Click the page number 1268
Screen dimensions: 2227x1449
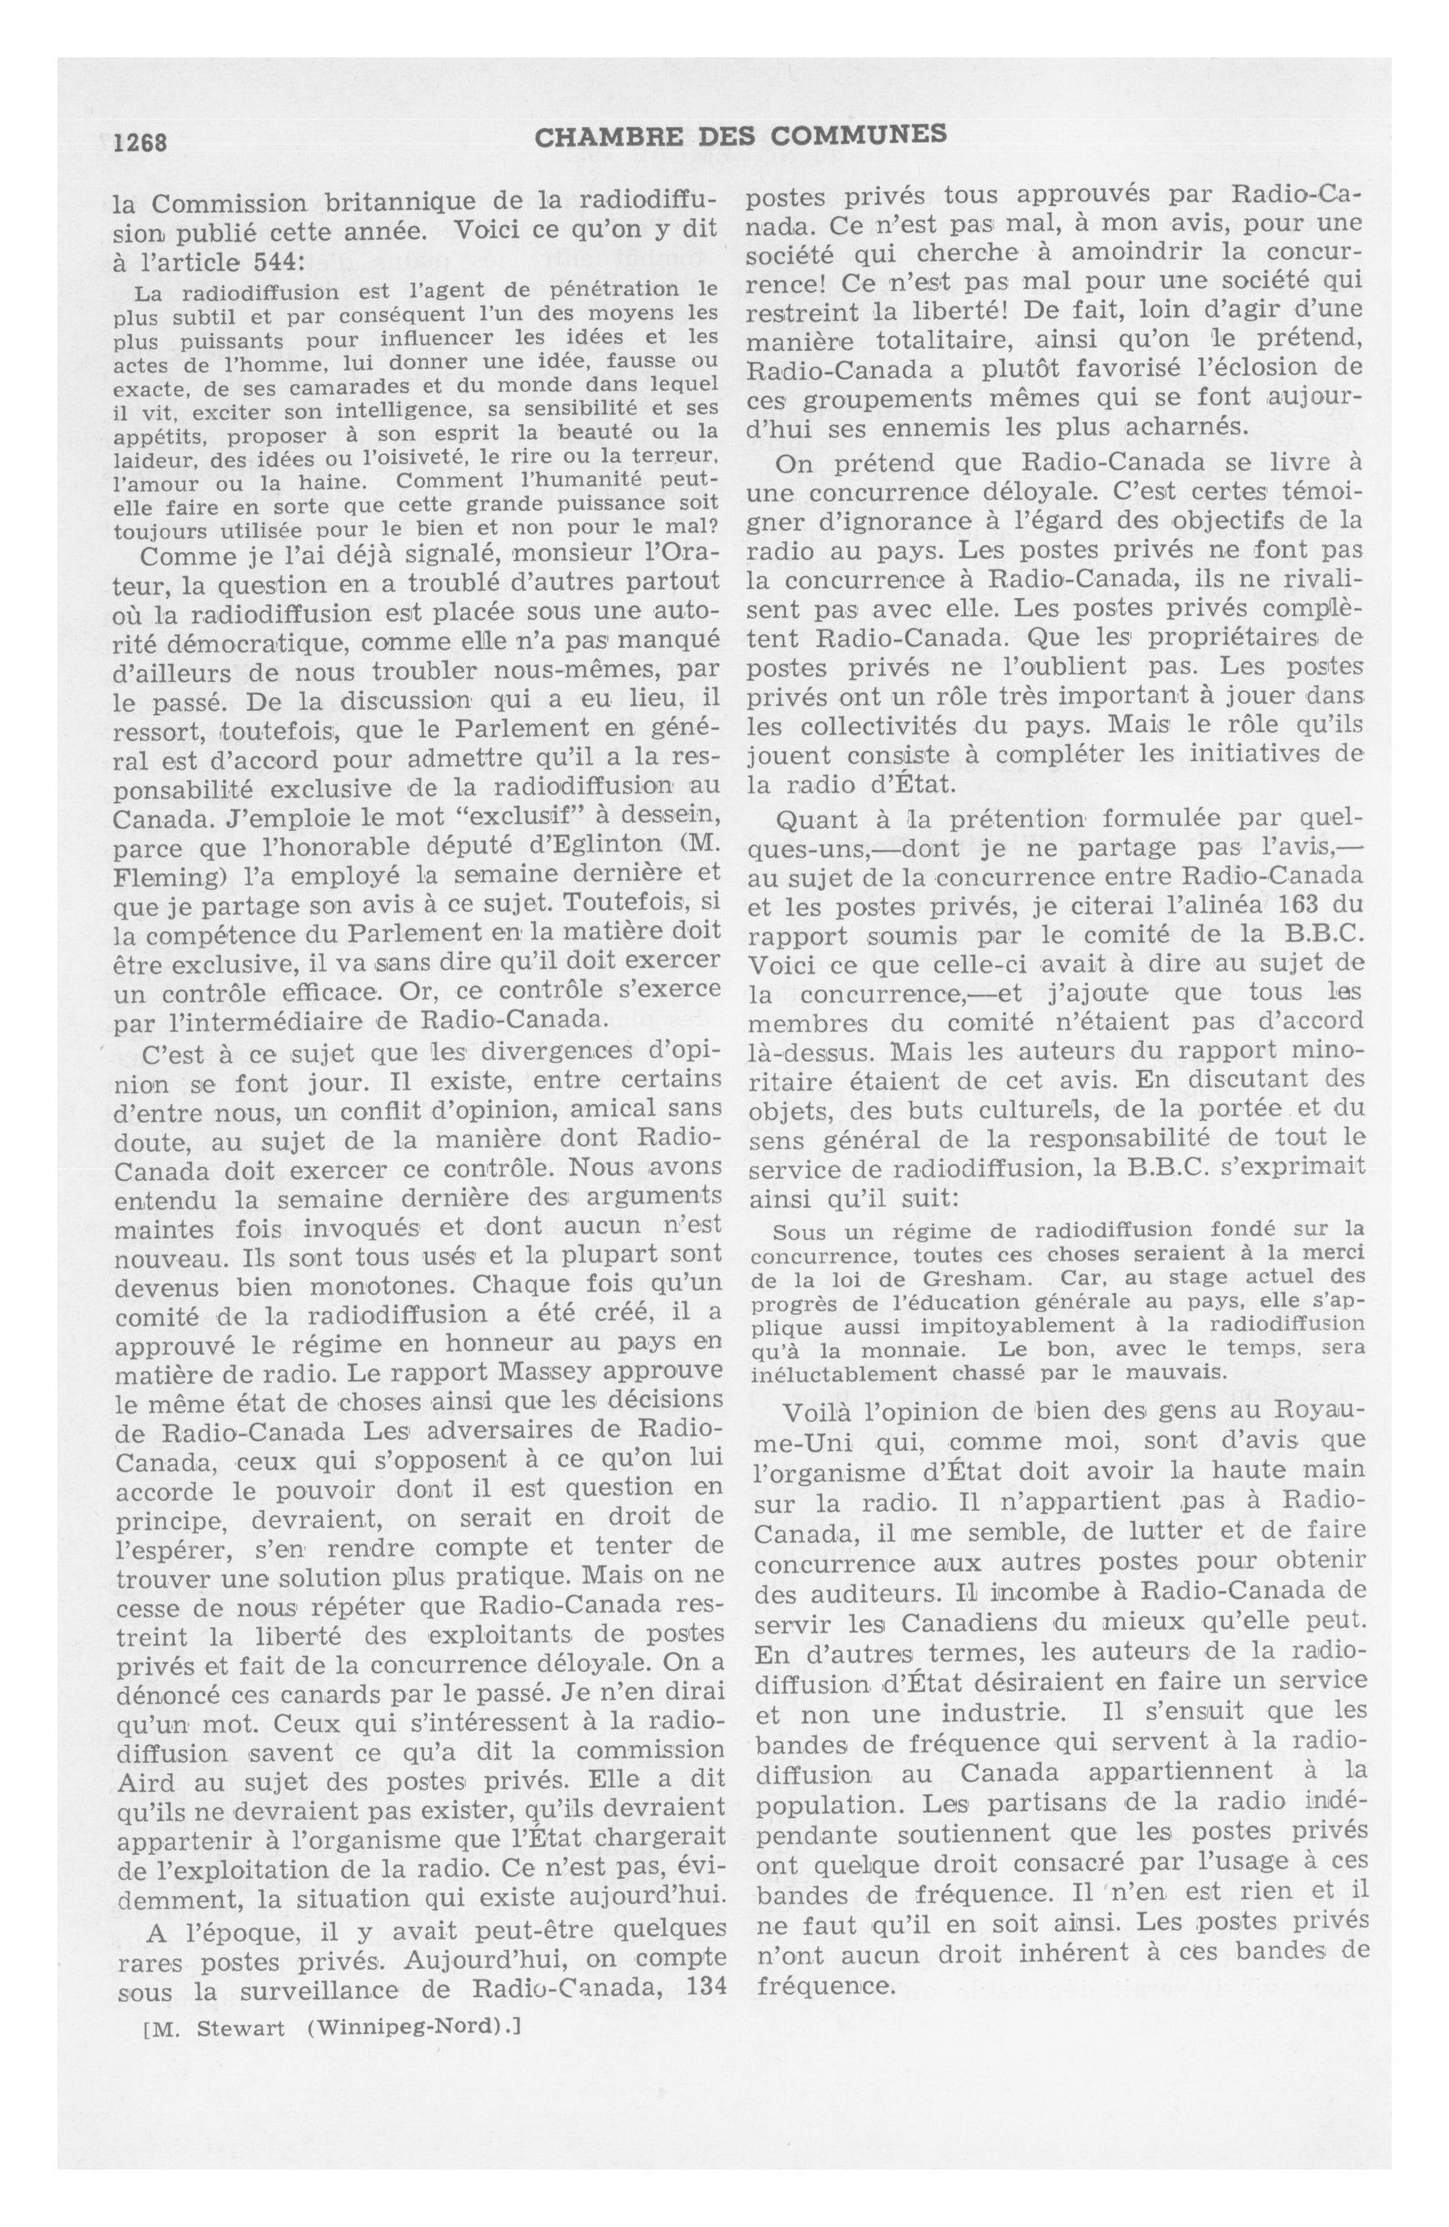click(139, 142)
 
